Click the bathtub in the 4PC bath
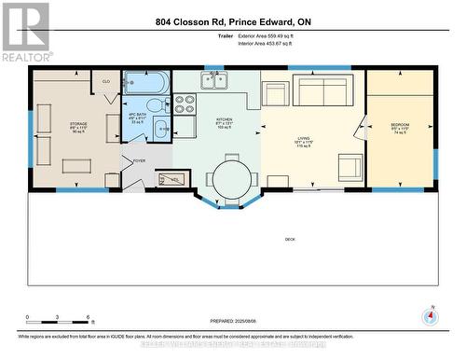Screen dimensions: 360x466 point(145,82)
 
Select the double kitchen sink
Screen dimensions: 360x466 point(213,81)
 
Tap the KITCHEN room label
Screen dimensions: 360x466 point(225,120)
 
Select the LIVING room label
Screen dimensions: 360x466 point(303,137)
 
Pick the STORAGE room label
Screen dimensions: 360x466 point(78,123)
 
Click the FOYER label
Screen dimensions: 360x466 point(139,160)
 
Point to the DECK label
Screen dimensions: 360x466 point(291,240)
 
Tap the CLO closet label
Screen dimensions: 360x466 point(106,81)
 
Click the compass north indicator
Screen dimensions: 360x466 point(430,314)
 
